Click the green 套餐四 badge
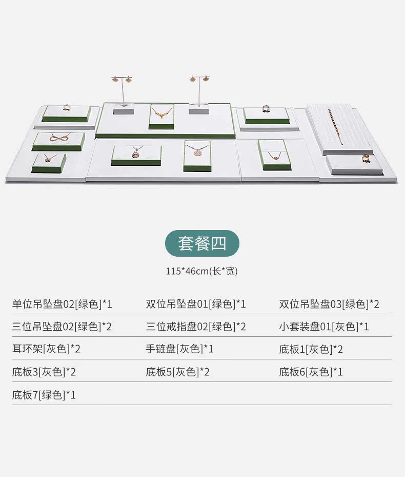202,243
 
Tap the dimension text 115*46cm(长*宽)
201,271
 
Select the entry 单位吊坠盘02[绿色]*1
62,304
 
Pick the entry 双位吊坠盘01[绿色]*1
196,304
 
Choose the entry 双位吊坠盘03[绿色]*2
329,304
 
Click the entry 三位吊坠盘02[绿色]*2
62,327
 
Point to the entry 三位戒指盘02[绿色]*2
196,327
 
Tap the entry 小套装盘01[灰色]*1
324,327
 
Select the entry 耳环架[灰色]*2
47,350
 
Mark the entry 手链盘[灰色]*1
179,350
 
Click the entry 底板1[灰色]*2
311,350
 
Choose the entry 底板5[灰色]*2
177,372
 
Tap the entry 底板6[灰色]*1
311,372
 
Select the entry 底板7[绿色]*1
44,395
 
